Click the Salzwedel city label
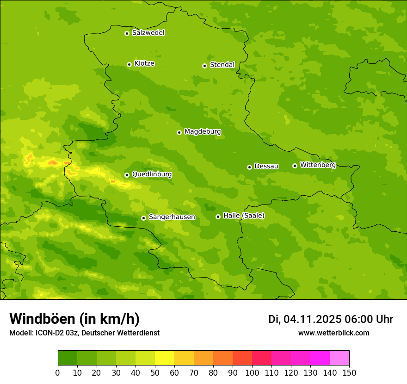(x=148, y=33)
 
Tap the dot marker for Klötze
(x=129, y=64)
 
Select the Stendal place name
(x=222, y=65)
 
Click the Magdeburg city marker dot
(x=179, y=132)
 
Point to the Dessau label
(x=266, y=166)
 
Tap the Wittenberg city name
(x=318, y=165)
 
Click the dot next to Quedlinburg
(x=127, y=175)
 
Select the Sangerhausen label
(x=172, y=217)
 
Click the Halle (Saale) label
(x=244, y=216)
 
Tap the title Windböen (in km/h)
(x=74, y=319)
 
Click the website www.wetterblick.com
(x=333, y=333)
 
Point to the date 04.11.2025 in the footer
(x=312, y=319)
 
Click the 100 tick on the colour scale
(x=252, y=372)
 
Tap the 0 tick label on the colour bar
(x=58, y=372)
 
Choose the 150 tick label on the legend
(x=349, y=372)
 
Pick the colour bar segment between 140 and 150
(x=339, y=358)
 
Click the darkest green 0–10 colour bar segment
(x=68, y=358)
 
